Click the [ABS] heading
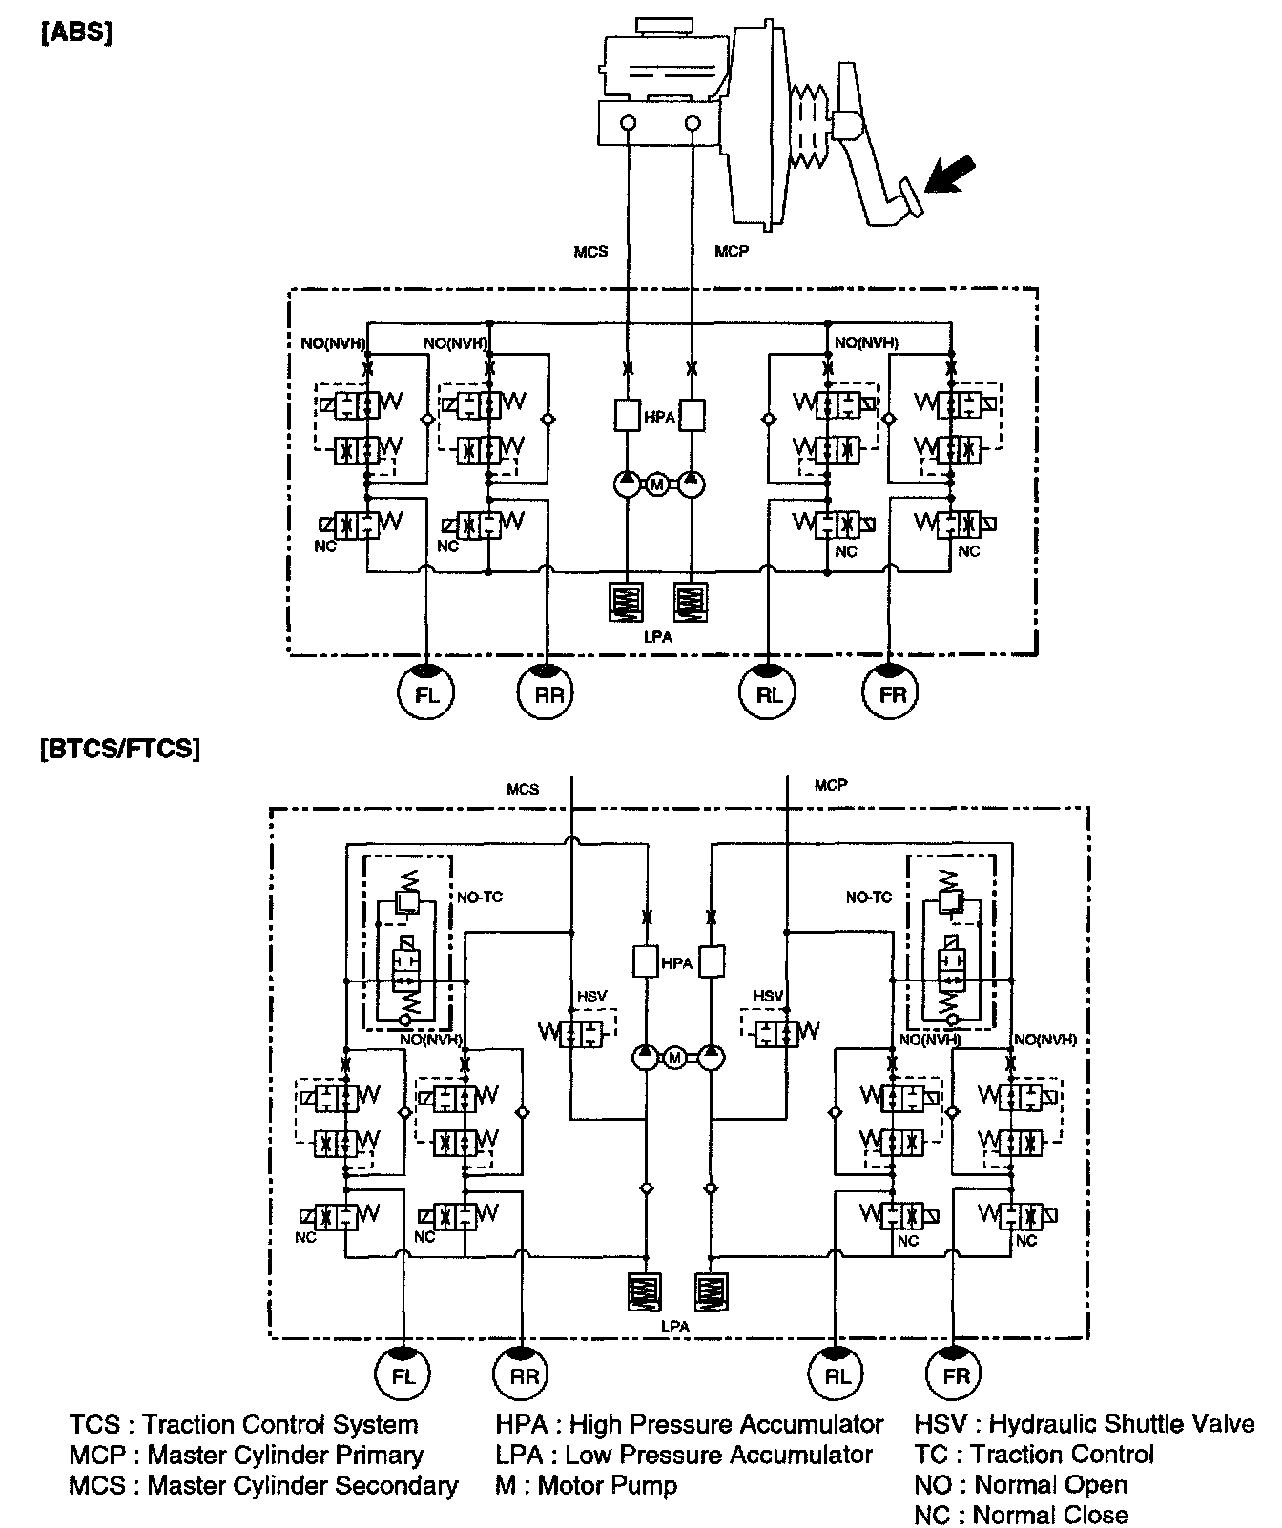tap(76, 35)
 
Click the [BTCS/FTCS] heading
tap(120, 750)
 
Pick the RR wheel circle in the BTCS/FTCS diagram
tap(524, 1375)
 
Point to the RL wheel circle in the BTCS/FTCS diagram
tap(837, 1375)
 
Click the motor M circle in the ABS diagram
tap(657, 485)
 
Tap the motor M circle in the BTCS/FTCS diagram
tap(675, 1058)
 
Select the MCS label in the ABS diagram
tap(590, 252)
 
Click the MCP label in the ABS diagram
tap(732, 252)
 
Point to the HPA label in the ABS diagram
tap(658, 418)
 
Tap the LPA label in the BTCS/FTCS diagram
tap(675, 1326)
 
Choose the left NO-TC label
tap(480, 898)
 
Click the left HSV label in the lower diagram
tap(591, 997)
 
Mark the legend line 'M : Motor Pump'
tap(587, 1485)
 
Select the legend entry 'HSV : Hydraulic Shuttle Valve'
tap(1085, 1424)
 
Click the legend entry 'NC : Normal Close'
tap(1021, 1515)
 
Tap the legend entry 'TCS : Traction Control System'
tap(243, 1424)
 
